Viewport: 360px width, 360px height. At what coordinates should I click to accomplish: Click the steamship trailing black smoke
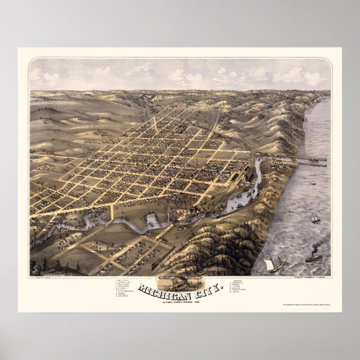(314, 257)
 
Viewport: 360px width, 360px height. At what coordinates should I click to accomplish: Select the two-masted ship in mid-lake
(316, 219)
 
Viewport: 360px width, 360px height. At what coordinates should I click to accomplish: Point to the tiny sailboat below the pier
(313, 182)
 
